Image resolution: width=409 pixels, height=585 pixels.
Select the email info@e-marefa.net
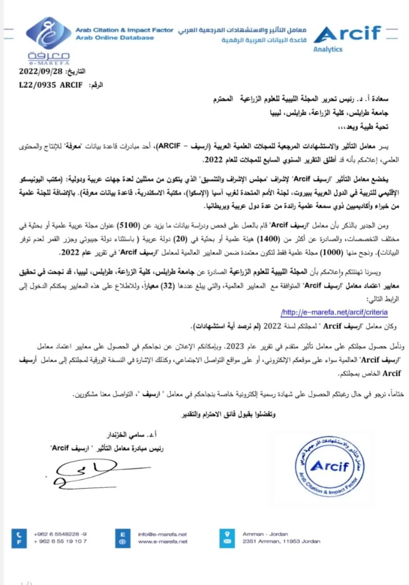162,534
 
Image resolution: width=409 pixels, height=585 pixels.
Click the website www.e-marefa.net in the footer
162,541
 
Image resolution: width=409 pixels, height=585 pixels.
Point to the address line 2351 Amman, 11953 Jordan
281,541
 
